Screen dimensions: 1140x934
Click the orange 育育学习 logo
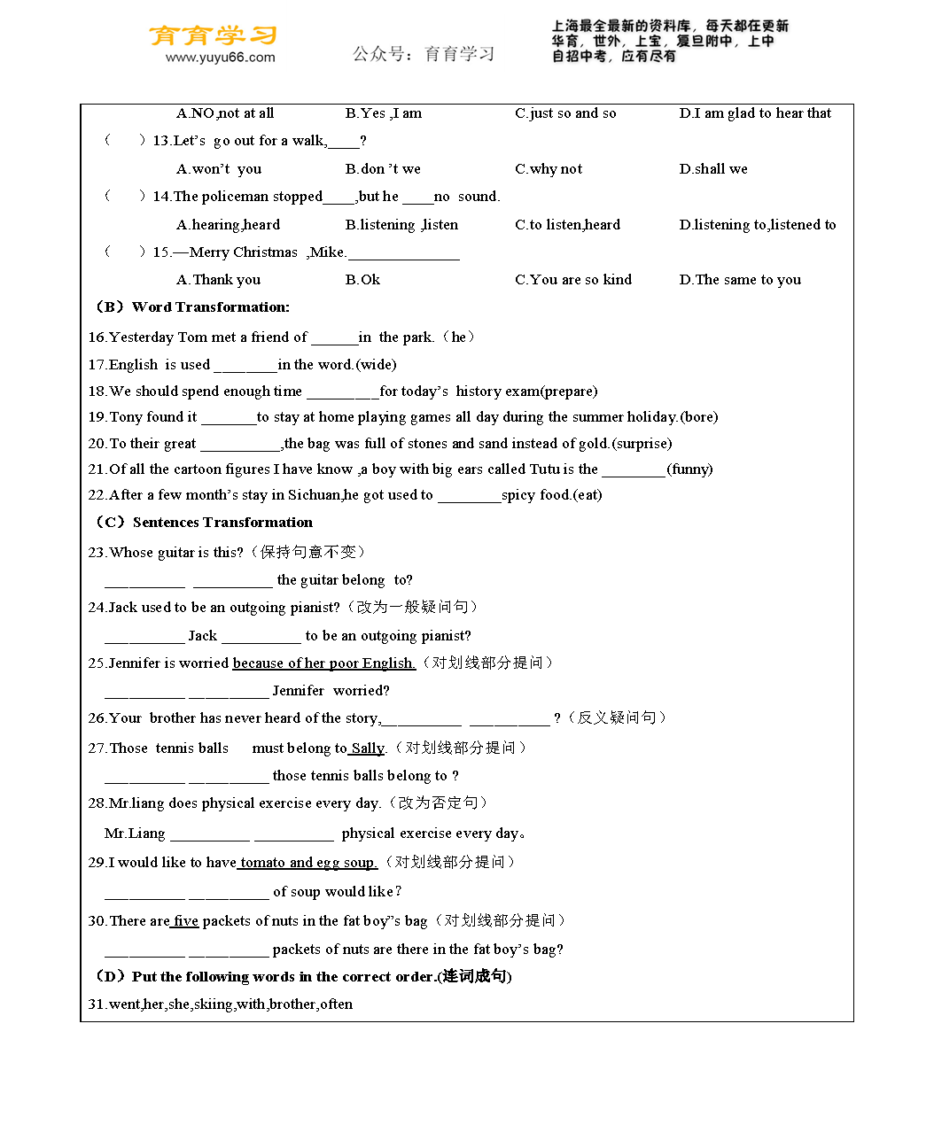point(213,35)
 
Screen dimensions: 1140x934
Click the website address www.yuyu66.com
point(221,58)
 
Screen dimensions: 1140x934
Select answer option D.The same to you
point(740,280)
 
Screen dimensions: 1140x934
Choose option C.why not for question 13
point(549,169)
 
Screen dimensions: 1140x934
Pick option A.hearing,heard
point(228,225)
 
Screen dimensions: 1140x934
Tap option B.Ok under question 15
point(362,280)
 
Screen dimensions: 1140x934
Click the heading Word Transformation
point(210,307)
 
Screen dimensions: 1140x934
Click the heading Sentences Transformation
point(222,523)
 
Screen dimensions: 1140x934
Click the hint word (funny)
point(689,469)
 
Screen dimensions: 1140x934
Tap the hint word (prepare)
point(569,392)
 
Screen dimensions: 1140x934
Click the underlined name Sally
point(368,748)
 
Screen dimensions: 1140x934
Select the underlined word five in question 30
point(186,921)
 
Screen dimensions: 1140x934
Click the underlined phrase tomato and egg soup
point(307,863)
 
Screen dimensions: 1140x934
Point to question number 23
point(97,553)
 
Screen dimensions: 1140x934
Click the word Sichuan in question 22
point(314,495)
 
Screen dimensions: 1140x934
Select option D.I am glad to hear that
point(755,113)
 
